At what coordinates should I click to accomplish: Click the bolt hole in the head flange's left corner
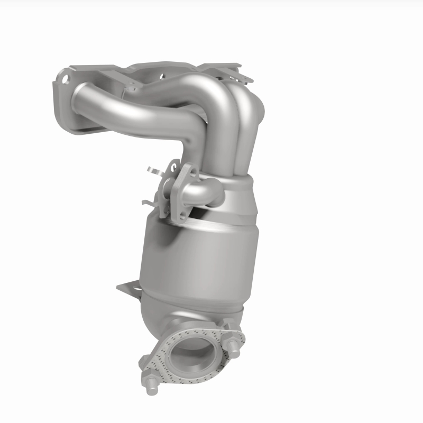pos(65,80)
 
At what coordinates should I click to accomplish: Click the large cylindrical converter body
pos(201,259)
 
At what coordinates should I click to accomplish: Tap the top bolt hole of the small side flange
pos(188,171)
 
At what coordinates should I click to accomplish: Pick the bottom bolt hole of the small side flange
pos(181,214)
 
